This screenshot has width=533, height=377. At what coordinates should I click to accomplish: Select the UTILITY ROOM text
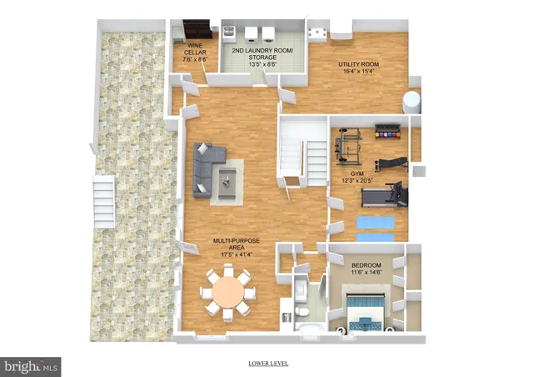(x=359, y=68)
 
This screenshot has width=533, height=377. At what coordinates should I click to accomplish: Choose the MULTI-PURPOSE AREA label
(x=236, y=244)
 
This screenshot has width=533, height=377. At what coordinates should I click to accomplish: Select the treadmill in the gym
(x=384, y=197)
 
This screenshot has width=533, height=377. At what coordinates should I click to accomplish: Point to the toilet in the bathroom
(x=304, y=314)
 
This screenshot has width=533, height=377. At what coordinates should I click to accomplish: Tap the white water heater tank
(x=413, y=103)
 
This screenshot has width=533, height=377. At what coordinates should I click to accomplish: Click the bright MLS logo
(x=32, y=365)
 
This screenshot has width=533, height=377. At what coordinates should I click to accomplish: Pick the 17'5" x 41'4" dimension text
(x=236, y=254)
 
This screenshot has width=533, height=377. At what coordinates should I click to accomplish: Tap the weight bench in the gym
(x=389, y=163)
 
